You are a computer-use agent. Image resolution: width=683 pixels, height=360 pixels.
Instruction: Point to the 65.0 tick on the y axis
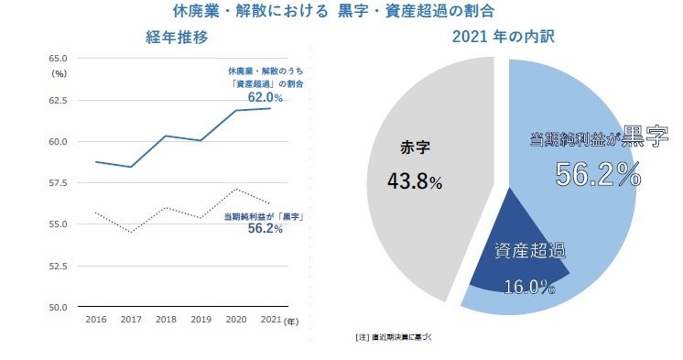click(58, 59)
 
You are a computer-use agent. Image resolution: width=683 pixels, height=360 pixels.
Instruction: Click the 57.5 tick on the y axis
click(58, 183)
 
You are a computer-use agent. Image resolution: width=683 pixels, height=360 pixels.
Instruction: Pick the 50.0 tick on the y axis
click(58, 307)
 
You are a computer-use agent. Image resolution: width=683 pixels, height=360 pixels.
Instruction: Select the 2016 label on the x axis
click(96, 320)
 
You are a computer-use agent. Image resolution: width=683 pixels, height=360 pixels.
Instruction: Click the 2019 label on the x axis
click(201, 320)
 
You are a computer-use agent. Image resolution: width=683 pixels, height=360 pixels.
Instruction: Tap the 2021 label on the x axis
click(269, 320)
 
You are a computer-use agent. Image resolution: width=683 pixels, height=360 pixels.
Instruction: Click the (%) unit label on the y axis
click(60, 72)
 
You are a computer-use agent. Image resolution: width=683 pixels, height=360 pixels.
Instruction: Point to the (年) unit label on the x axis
click(291, 321)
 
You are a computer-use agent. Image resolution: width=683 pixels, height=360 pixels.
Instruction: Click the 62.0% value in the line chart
click(265, 96)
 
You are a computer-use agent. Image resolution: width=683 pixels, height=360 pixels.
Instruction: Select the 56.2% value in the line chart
click(265, 230)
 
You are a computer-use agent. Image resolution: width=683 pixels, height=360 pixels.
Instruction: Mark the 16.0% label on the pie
click(529, 287)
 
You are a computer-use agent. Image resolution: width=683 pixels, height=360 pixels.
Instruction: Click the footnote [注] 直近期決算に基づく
click(393, 337)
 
